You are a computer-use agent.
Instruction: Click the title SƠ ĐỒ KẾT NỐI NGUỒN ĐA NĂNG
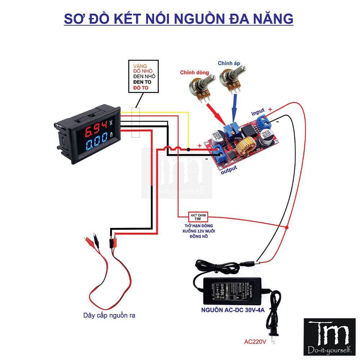point(179,18)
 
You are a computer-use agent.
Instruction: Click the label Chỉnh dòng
point(195,72)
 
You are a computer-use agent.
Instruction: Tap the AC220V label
point(255,342)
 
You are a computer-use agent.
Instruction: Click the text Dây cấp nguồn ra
point(109,315)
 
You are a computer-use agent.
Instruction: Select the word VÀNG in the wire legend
point(140,66)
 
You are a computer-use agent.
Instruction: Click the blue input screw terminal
point(266,123)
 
